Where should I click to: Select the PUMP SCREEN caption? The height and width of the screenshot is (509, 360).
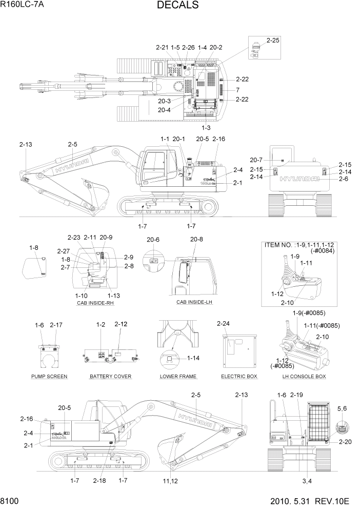pos(49,376)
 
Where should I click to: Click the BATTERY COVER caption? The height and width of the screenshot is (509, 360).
pos(110,376)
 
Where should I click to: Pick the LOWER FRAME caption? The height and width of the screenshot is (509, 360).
pos(178,376)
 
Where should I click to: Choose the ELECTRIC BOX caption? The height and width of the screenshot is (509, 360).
pos(239,376)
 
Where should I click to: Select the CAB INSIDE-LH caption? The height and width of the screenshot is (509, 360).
pos(194,302)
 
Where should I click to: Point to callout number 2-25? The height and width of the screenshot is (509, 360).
pos(273,40)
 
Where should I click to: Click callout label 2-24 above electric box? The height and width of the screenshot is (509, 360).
pos(224,324)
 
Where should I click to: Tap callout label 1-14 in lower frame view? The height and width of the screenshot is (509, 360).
pos(194,358)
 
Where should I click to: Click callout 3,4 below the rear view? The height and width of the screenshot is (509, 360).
pos(307,480)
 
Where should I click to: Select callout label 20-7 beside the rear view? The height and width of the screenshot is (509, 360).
pos(256,160)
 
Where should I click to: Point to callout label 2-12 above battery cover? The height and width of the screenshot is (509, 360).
pos(121,324)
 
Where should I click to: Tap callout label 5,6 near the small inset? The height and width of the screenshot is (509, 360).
pos(343,408)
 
